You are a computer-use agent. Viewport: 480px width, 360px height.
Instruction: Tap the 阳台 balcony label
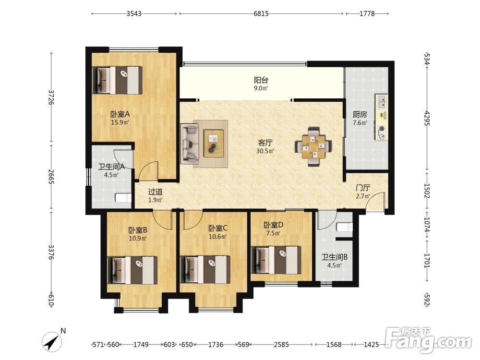(x=261, y=80)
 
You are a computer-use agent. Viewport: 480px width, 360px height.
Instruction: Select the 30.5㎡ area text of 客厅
(x=265, y=151)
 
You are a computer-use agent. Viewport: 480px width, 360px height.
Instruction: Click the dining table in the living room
(x=313, y=147)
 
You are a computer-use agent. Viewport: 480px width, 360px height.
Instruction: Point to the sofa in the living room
(x=189, y=144)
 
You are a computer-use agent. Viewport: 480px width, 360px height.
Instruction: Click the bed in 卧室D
(x=276, y=260)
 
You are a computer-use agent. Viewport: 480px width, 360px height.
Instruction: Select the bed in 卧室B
(x=132, y=270)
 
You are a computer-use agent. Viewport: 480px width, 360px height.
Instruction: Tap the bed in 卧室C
(x=205, y=269)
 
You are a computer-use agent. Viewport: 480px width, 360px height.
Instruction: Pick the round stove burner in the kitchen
(x=382, y=129)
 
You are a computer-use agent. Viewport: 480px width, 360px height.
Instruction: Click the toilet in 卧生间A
(x=123, y=198)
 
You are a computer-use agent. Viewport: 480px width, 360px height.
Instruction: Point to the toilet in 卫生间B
(x=344, y=227)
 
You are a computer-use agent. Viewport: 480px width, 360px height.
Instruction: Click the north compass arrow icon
(x=52, y=342)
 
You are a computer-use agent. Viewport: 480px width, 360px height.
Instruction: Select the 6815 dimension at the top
(x=261, y=13)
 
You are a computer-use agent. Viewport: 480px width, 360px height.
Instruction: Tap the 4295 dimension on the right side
(x=427, y=118)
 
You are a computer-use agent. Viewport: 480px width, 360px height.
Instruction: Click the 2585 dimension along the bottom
(x=281, y=345)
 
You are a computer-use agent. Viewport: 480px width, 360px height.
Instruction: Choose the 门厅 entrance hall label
(x=363, y=188)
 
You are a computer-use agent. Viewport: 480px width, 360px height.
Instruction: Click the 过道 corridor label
(x=155, y=192)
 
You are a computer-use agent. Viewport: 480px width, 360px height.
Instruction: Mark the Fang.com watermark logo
(x=429, y=340)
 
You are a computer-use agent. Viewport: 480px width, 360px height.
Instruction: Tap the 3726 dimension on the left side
(x=51, y=97)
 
